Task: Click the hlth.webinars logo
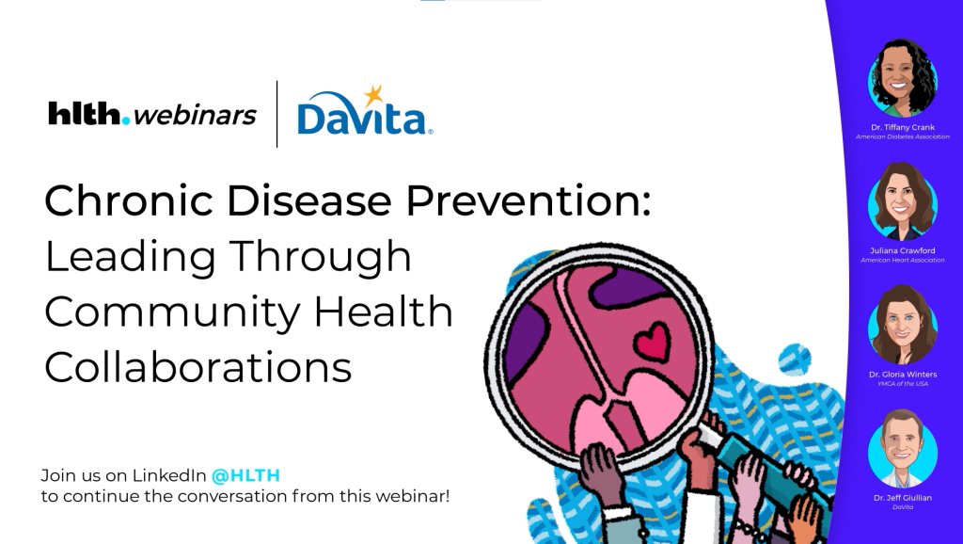point(151,115)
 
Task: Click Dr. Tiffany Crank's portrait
point(902,77)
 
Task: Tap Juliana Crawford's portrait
point(902,200)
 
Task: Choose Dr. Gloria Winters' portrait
point(902,325)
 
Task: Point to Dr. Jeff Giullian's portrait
point(902,448)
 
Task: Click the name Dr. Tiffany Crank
point(902,125)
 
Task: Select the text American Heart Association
point(902,260)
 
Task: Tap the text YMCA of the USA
point(902,384)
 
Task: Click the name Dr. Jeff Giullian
point(902,497)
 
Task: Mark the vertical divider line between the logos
point(276,114)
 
